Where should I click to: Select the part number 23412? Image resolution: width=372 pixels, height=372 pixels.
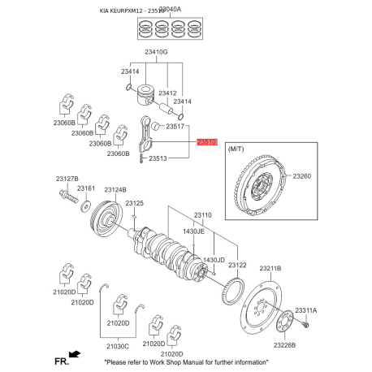tap(168, 93)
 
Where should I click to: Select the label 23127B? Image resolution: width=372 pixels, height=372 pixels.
tap(67, 178)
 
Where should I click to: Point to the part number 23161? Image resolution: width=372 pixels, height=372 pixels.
tap(86, 188)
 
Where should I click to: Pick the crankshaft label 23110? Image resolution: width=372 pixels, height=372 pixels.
tap(201, 215)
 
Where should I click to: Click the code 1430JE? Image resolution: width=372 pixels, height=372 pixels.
tap(193, 231)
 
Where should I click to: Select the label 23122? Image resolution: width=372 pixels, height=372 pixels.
tap(237, 265)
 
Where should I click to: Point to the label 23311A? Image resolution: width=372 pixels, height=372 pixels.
tap(306, 311)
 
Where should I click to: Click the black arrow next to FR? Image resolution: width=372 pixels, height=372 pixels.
tap(75, 353)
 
